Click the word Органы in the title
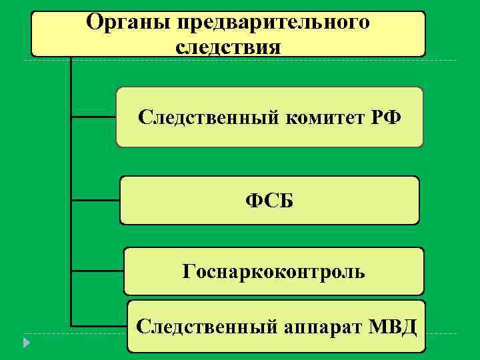(x=127, y=24)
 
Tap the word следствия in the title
(x=229, y=47)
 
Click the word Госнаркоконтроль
(x=273, y=271)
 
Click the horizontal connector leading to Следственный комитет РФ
(x=93, y=118)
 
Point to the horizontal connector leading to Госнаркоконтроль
(x=97, y=271)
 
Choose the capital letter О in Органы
(x=95, y=24)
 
